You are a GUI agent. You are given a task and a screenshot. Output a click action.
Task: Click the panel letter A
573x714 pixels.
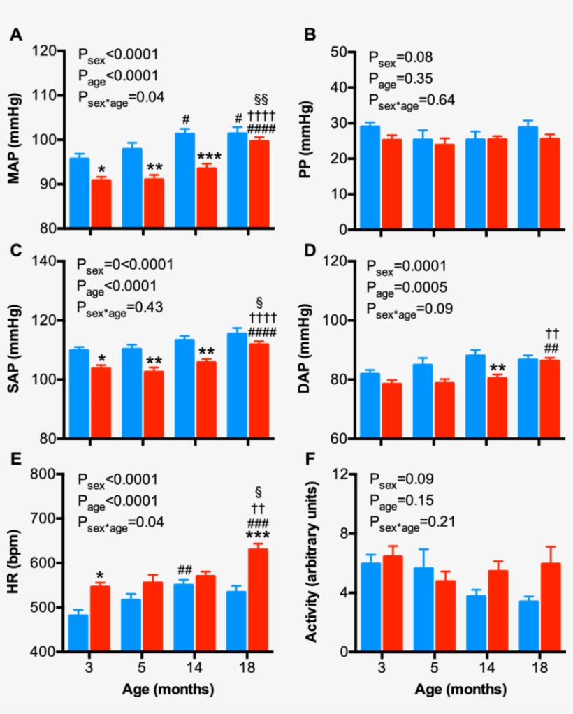pos(15,34)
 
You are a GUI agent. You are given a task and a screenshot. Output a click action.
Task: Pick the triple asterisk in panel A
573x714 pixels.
pos(208,157)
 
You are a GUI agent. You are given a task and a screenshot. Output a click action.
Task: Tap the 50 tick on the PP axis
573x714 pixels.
pos(340,52)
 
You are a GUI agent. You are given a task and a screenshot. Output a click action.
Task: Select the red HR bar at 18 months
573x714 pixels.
pos(259,601)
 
